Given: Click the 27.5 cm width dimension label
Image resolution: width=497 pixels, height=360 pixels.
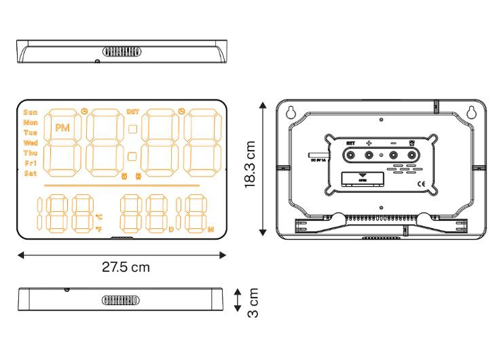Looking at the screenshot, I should coord(122,267).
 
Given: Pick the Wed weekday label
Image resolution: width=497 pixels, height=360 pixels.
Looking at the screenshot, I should coord(31,143).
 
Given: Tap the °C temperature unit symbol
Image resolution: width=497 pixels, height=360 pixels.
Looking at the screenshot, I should coord(99,217).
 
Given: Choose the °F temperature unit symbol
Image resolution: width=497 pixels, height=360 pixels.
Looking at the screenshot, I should coord(99,230).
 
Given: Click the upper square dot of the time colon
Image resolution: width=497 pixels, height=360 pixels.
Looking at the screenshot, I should coord(132,129).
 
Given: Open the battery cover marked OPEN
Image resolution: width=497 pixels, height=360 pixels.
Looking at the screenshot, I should coord(361,179).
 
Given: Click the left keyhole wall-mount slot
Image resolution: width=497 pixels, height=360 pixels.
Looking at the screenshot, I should coord(291,113).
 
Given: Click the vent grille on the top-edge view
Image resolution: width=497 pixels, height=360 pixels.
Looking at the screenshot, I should coord(122,51).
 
